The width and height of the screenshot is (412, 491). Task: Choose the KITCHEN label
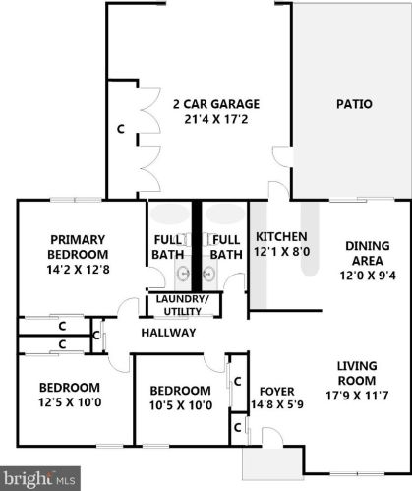pyautogui.click(x=282, y=237)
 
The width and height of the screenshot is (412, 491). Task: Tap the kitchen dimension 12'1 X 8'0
pyautogui.click(x=282, y=253)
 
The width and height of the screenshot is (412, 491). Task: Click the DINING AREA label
pyautogui.click(x=369, y=254)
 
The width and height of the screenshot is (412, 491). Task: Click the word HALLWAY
pyautogui.click(x=169, y=333)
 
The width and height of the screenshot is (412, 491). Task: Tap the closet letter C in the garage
pyautogui.click(x=121, y=129)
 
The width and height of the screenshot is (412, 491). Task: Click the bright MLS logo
pyautogui.click(x=39, y=478)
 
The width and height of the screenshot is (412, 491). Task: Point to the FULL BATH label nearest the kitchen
pyautogui.click(x=226, y=246)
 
